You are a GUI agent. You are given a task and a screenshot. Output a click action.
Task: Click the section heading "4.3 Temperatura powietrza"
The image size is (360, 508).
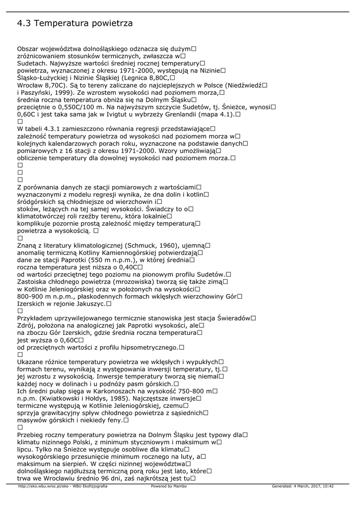pyautogui.click(x=75, y=23)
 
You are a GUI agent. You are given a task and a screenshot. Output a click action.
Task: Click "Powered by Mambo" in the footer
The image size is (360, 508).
pyautogui.click(x=164, y=486)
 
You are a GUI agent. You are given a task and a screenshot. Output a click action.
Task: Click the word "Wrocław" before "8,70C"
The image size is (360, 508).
pyautogui.click(x=31, y=85)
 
